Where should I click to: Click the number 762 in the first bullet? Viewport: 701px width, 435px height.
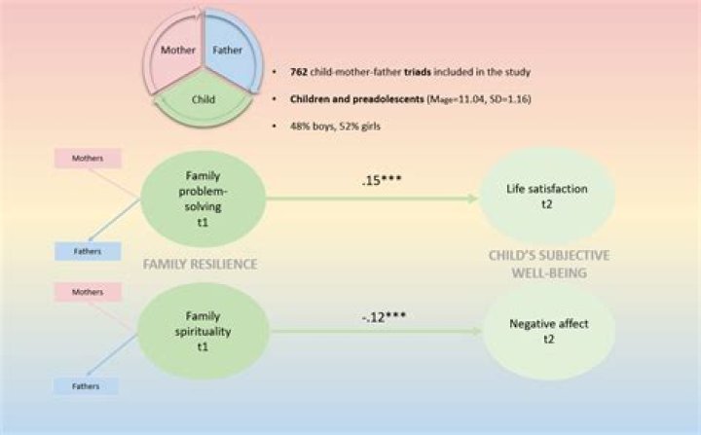click(299, 73)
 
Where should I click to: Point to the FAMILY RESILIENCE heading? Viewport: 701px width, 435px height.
click(201, 264)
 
